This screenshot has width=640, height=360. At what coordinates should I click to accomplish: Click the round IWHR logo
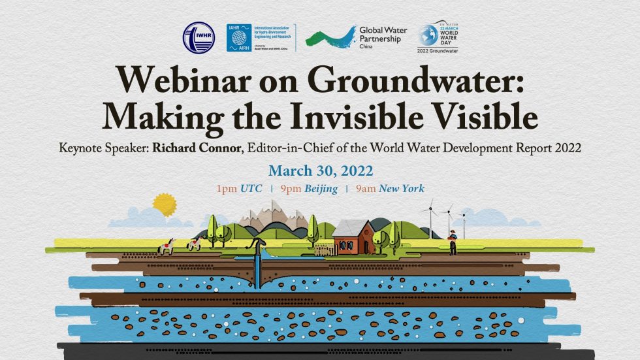(x=199, y=38)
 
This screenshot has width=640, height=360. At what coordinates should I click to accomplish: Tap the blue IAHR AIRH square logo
(x=239, y=38)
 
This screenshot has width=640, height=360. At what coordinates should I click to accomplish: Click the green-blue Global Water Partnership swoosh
(x=329, y=39)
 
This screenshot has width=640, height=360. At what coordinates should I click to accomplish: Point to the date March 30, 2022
(x=320, y=171)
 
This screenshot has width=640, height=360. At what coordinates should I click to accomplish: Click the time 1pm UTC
(x=240, y=189)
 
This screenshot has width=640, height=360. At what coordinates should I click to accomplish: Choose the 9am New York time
(x=390, y=189)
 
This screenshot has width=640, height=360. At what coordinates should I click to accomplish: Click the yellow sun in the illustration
(x=165, y=204)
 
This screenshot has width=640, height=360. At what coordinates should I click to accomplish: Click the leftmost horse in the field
(x=167, y=246)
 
